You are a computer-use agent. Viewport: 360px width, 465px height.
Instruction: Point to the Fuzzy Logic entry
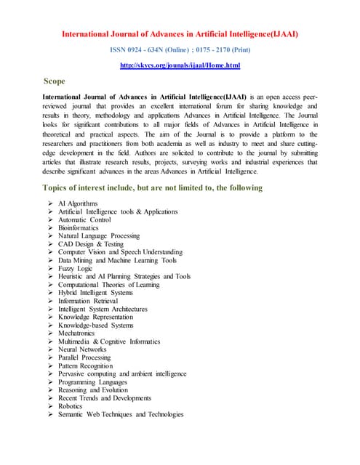point(76,268)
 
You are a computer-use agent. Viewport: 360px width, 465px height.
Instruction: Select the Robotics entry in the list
point(71,406)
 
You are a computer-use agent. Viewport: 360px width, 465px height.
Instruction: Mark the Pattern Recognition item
point(90,365)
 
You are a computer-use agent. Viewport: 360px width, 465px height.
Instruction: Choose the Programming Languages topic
point(93,382)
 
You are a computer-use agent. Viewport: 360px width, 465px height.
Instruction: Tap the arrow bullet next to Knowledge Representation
point(50,318)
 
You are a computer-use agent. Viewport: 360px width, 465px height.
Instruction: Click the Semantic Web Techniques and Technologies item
point(121,415)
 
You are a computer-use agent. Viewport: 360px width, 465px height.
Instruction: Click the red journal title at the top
point(180,33)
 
